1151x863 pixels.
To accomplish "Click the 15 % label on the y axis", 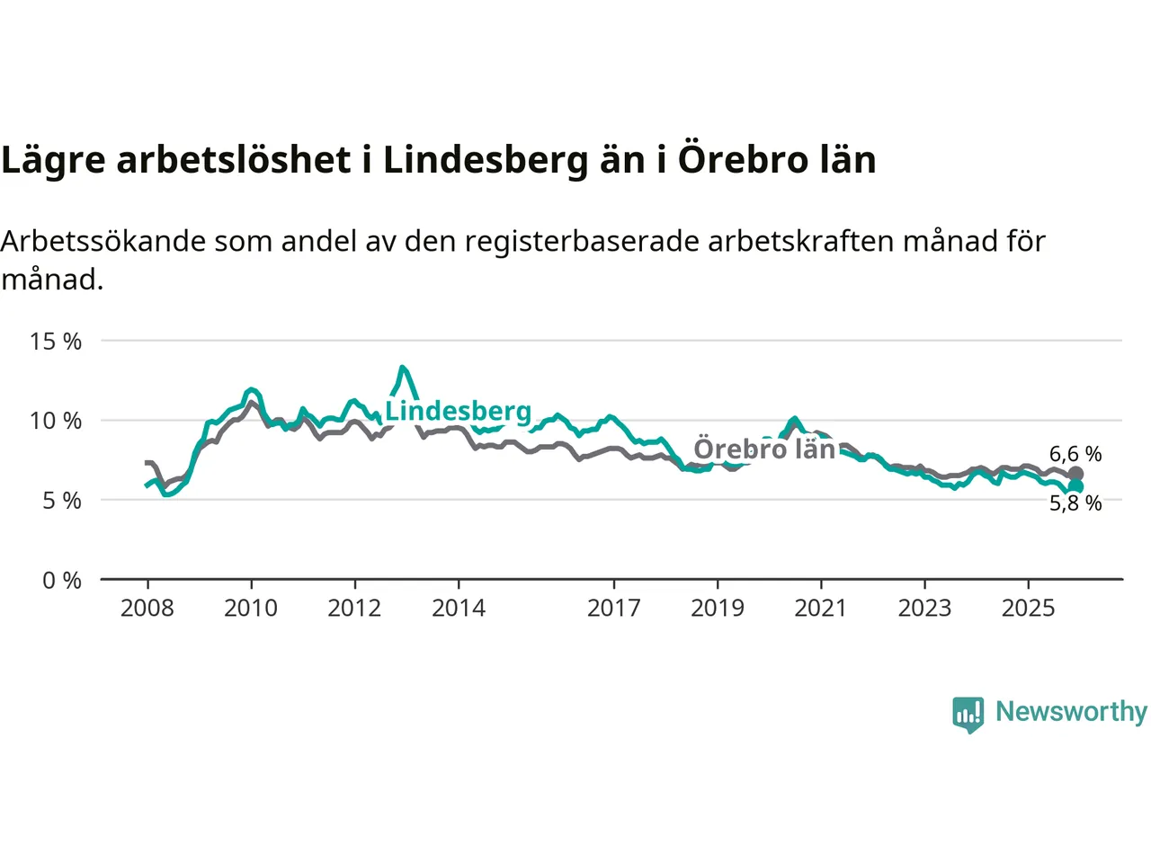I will [x=55, y=342].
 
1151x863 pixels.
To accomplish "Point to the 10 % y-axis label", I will [x=55, y=421].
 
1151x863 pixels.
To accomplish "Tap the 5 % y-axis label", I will [x=61, y=501].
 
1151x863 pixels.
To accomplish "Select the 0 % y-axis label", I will [x=61, y=581].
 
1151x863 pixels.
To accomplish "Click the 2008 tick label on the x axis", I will [x=147, y=609].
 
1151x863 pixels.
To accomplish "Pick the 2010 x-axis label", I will [x=251, y=609].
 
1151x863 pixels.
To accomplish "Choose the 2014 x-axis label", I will [x=459, y=609].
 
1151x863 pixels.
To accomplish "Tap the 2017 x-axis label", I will [x=614, y=609].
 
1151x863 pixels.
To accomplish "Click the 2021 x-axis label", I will [x=821, y=609].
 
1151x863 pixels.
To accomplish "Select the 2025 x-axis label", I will [x=1029, y=609].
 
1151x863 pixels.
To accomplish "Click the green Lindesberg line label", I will [x=459, y=411].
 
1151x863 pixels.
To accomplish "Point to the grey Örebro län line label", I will [x=764, y=449].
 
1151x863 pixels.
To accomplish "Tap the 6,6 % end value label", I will [x=1075, y=454].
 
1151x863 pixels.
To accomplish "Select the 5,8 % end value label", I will [x=1075, y=503].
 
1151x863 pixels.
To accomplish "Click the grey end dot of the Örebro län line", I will [x=1075, y=474].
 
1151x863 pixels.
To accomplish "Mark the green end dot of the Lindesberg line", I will [x=1075, y=486].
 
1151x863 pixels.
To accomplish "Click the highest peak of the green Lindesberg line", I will [x=402, y=368].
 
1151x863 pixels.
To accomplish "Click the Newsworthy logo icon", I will [x=968, y=714].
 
